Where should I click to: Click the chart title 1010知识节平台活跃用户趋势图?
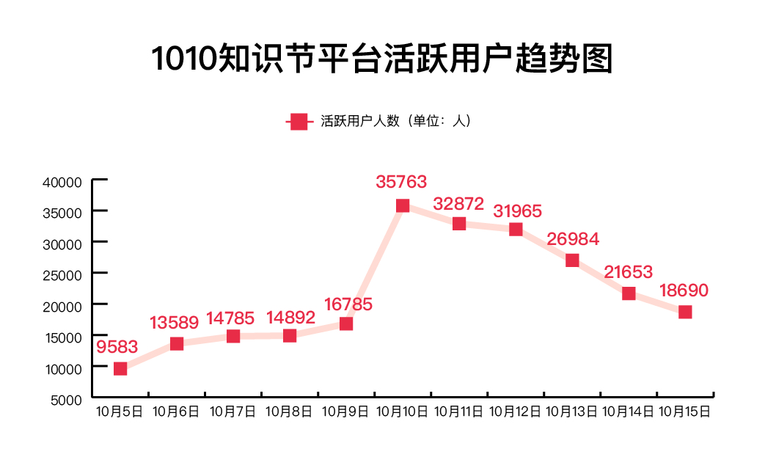pyautogui.click(x=382, y=59)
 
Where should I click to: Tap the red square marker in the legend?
pyautogui.click(x=299, y=122)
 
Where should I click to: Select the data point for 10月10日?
pyautogui.click(x=403, y=205)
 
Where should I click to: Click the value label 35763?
pyautogui.click(x=401, y=181)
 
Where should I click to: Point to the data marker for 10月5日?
pyautogui.click(x=120, y=368)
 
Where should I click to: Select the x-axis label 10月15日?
pyautogui.click(x=685, y=412)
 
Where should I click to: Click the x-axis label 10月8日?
pyautogui.click(x=289, y=412)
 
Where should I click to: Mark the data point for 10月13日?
pyautogui.click(x=572, y=260)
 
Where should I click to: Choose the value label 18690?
pyautogui.click(x=684, y=290)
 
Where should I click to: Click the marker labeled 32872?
pyautogui.click(x=459, y=224)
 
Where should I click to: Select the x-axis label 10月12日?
pyautogui.click(x=515, y=412)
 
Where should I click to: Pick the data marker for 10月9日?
pyautogui.click(x=346, y=323)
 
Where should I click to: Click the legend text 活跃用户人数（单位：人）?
pyautogui.click(x=396, y=122)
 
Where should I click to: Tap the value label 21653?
pyautogui.click(x=629, y=272)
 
